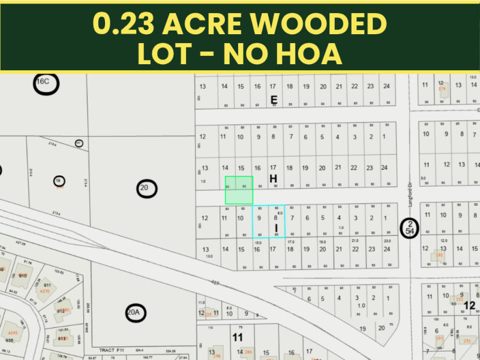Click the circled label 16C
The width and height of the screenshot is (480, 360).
pyautogui.click(x=46, y=83)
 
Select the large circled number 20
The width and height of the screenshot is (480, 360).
pyautogui.click(x=144, y=188)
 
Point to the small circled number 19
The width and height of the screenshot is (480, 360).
pyautogui.click(x=59, y=181)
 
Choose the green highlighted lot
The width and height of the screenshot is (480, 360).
pyautogui.click(x=239, y=190)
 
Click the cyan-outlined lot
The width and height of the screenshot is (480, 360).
pyautogui.click(x=268, y=221)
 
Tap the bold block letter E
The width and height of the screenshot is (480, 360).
pyautogui.click(x=274, y=100)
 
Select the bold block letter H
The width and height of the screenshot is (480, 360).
pyautogui.click(x=273, y=179)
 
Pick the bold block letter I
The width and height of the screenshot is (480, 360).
pyautogui.click(x=277, y=229)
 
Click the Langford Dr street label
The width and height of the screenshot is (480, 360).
pyautogui.click(x=411, y=195)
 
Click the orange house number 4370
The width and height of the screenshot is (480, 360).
pyautogui.click(x=44, y=291)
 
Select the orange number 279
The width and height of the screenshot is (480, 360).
pyautogui.click(x=443, y=89)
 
